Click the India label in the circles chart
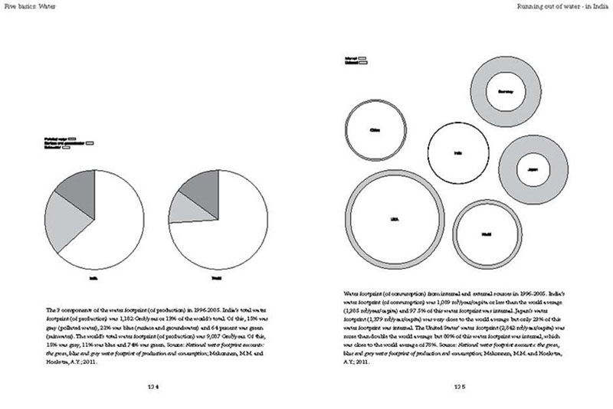coord(457,153)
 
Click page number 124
coord(152,388)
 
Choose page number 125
coord(459,388)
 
